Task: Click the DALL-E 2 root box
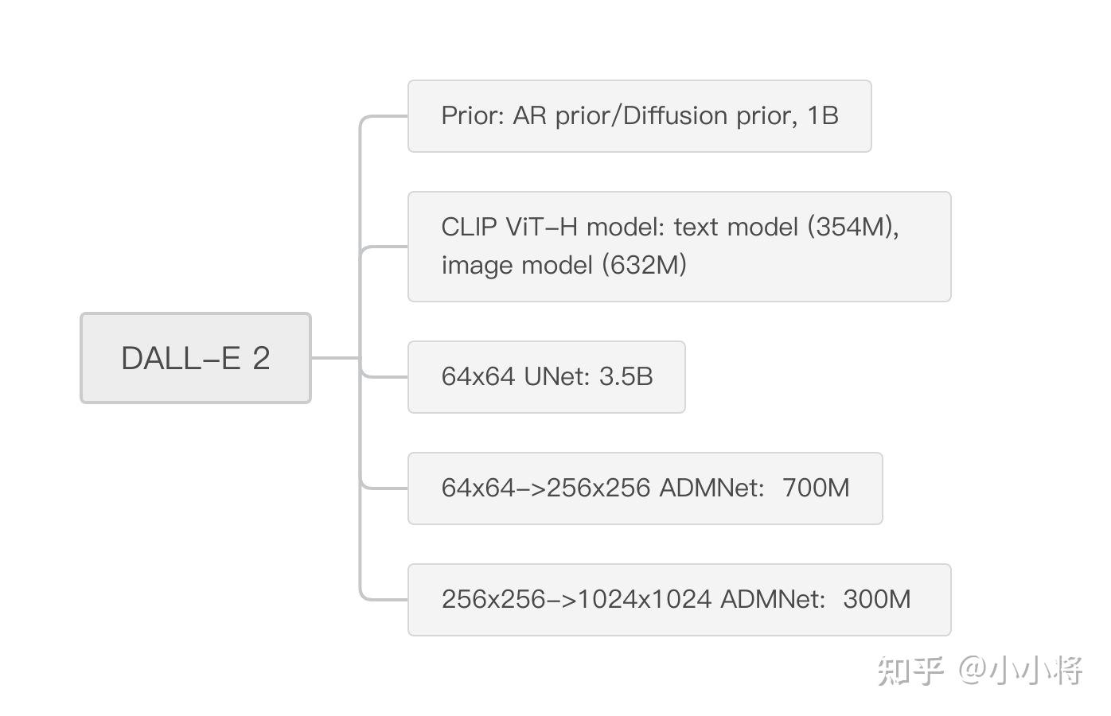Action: [195, 358]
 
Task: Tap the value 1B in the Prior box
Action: [823, 116]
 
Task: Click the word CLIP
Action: [469, 228]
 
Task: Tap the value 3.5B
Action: [626, 376]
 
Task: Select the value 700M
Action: [816, 488]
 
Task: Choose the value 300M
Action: [876, 599]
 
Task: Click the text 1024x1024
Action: [645, 599]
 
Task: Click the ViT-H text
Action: [541, 228]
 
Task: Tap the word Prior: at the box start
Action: [473, 116]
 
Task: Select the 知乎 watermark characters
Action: [910, 671]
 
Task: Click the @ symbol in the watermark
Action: [973, 671]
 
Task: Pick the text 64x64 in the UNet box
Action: [478, 376]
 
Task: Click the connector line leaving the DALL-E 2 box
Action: [335, 358]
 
